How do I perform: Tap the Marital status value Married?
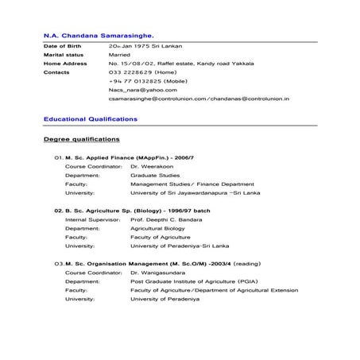click(120, 55)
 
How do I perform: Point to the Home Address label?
click(65, 63)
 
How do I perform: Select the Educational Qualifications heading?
click(91, 118)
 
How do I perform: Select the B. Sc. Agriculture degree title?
click(129, 211)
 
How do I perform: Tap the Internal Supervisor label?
click(92, 219)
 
